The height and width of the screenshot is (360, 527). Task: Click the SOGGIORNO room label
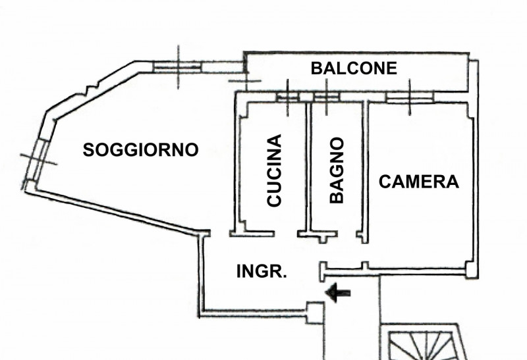(x=141, y=150)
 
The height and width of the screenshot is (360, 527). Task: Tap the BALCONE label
(x=354, y=68)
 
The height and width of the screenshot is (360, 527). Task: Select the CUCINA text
(x=274, y=171)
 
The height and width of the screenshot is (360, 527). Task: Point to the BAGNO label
(x=337, y=170)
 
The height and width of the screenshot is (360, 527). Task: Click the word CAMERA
(x=419, y=182)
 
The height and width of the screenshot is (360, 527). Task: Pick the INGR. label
(x=262, y=270)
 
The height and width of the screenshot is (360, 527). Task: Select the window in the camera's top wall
(x=409, y=97)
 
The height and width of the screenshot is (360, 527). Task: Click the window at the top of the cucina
(x=288, y=97)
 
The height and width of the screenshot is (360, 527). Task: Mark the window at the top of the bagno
(x=325, y=97)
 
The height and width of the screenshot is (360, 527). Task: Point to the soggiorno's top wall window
(x=179, y=65)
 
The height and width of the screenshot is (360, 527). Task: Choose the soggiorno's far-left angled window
(x=37, y=158)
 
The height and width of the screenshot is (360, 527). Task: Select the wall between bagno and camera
(x=365, y=168)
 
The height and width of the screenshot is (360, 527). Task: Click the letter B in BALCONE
(x=317, y=68)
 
